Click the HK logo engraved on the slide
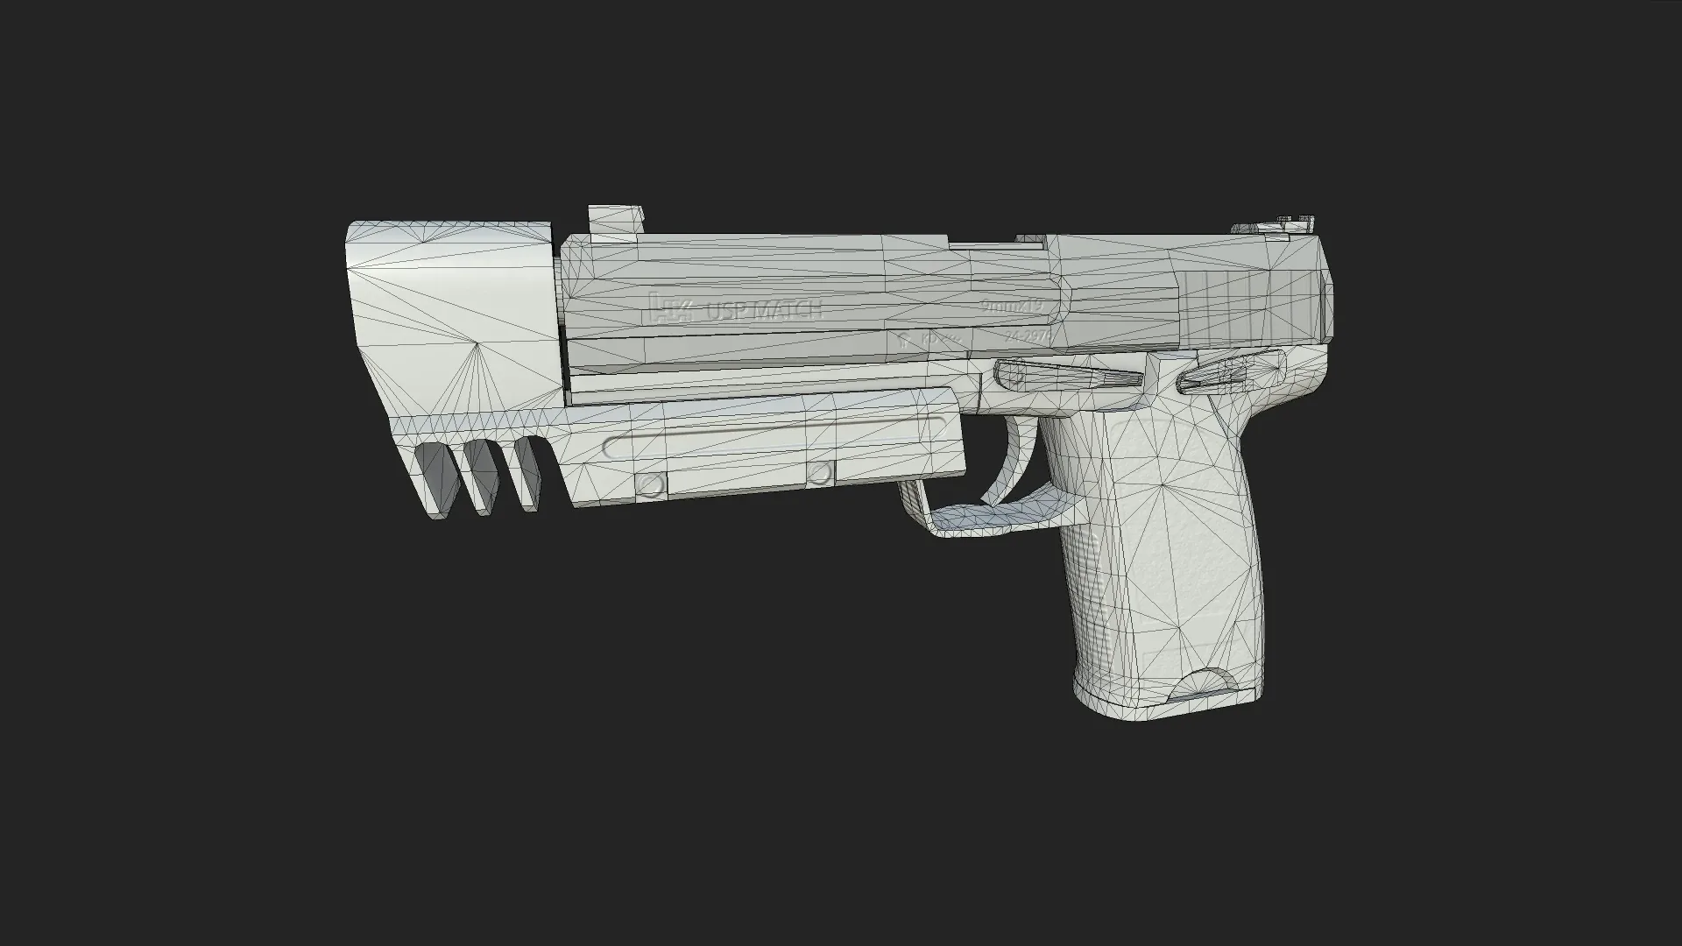point(673,309)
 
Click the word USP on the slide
point(725,310)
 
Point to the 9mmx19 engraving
point(1012,306)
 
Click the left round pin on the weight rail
point(650,484)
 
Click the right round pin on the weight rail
point(818,475)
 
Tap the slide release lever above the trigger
point(1069,375)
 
